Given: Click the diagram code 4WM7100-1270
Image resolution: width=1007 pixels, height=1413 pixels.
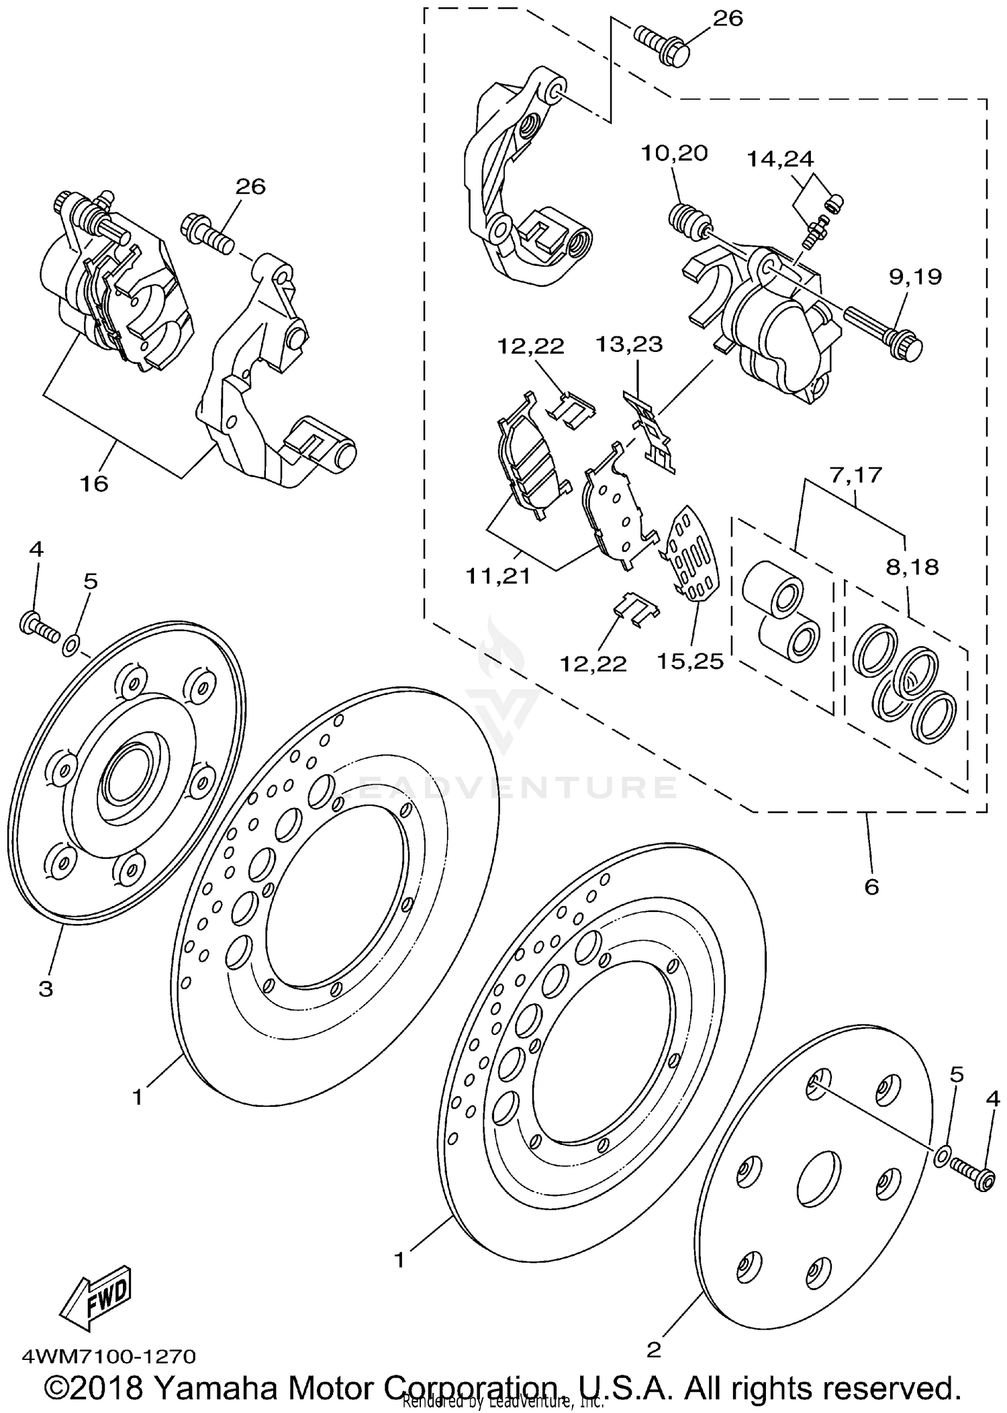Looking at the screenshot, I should click(x=109, y=1356).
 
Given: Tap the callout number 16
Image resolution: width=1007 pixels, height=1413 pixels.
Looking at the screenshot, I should click(x=93, y=483).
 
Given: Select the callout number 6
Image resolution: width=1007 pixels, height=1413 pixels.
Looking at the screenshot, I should click(x=871, y=887).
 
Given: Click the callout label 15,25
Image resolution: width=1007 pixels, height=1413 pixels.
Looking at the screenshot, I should click(x=690, y=662).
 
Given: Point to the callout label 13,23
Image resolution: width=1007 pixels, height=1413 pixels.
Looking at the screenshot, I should click(x=629, y=345).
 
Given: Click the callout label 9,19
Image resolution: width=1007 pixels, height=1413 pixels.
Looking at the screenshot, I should click(x=915, y=277).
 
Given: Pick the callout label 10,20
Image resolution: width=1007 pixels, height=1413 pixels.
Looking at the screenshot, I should click(x=673, y=153).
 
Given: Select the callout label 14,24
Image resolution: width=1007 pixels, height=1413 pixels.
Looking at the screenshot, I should click(x=781, y=158).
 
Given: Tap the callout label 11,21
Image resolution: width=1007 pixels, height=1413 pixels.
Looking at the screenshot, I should click(x=497, y=576).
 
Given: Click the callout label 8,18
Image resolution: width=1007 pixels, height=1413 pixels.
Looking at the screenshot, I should click(x=912, y=567).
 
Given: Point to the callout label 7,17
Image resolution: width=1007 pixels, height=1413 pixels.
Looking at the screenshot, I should click(x=855, y=475).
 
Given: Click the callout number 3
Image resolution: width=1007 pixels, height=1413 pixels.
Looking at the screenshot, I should click(x=45, y=989).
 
